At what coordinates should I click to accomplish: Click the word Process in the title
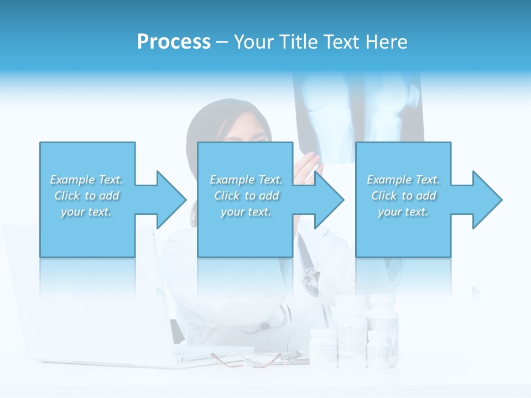[x=174, y=42]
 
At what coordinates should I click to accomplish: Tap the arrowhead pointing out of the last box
[x=486, y=200]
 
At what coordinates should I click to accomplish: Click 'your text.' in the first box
[x=86, y=212]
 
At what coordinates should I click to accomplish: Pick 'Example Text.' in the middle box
[x=246, y=180]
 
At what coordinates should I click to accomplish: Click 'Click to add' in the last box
[x=404, y=196]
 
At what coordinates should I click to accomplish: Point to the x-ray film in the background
[x=360, y=111]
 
